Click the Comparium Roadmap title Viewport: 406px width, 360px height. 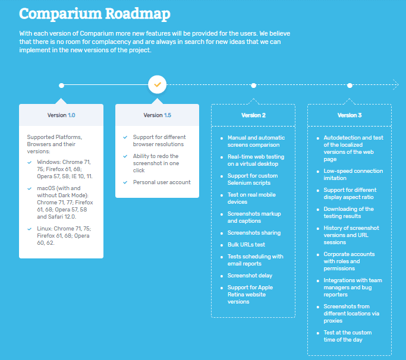95,14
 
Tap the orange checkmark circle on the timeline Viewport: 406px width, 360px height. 157,84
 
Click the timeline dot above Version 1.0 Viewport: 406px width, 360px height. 61,86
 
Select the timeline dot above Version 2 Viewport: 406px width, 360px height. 253,86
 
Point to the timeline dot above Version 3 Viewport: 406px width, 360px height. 350,86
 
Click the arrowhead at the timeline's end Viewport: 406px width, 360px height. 396,84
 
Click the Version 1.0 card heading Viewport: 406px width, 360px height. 61,115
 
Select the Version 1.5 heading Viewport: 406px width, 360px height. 158,115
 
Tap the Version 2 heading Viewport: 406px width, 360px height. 253,115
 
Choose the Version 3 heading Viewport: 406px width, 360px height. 350,115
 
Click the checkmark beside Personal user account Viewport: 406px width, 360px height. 125,182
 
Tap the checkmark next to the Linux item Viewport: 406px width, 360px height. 30,229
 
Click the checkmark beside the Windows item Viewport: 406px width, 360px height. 30,163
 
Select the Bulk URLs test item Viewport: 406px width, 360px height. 246,245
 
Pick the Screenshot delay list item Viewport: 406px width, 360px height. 250,276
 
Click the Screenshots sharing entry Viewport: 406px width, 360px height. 254,233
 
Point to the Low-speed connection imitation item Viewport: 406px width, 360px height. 353,175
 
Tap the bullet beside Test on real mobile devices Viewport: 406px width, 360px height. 222,195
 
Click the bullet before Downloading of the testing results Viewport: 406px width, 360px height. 317,210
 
